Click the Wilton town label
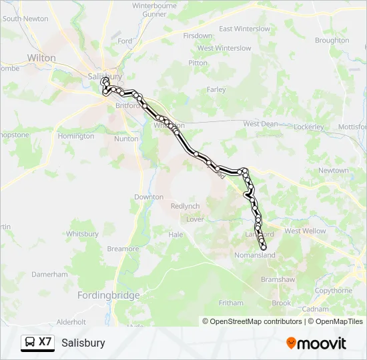[x=42, y=58]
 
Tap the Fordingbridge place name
[x=108, y=295]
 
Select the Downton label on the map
[x=149, y=197]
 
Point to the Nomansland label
[x=255, y=255]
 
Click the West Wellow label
[x=305, y=231]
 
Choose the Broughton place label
[x=332, y=41]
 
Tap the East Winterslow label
[x=244, y=29]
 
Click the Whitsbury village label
[x=82, y=234]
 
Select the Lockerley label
[x=308, y=127]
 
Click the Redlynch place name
[x=186, y=206]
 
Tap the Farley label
[x=216, y=89]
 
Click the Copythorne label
[x=334, y=291]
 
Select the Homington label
[x=76, y=136]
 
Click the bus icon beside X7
[x=30, y=343]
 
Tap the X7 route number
[x=45, y=342]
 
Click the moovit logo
[x=316, y=343]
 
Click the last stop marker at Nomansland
[x=264, y=247]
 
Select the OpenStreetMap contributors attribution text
[x=252, y=321]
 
